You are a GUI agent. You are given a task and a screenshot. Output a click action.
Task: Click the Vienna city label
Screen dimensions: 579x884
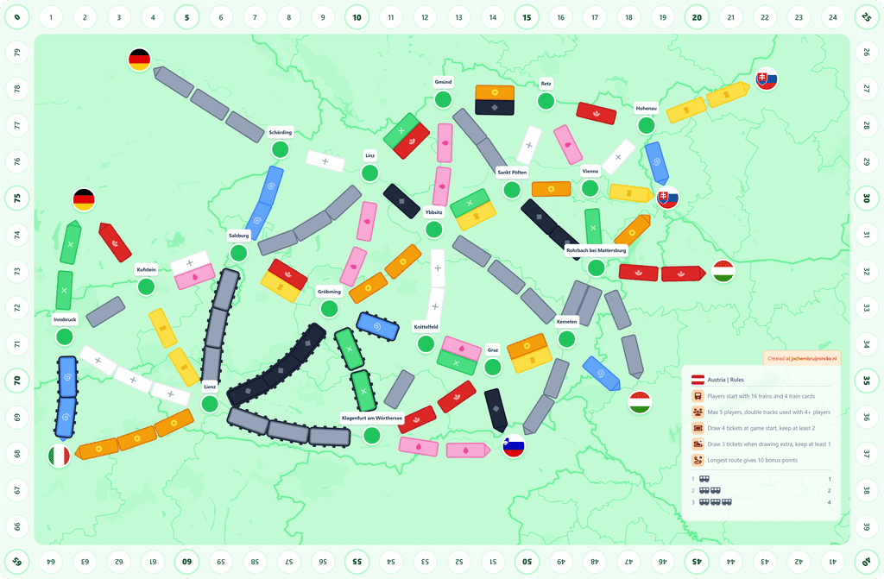point(590,171)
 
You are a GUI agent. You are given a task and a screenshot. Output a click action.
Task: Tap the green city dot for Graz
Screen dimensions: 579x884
point(493,368)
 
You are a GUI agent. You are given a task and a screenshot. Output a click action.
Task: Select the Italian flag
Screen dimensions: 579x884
point(59,456)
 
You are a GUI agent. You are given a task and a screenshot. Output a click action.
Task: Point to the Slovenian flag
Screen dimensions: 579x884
point(514,446)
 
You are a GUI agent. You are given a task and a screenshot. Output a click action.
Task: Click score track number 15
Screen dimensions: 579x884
point(527,16)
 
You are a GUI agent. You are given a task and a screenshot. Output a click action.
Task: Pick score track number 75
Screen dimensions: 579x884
point(16,198)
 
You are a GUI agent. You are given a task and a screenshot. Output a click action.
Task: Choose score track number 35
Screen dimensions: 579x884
point(867,380)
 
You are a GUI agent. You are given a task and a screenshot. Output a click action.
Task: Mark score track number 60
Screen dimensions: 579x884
point(186,562)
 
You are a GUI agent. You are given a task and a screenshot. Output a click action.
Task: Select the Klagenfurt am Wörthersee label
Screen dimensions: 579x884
point(372,418)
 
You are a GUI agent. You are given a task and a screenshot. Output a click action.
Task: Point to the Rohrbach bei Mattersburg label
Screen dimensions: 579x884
point(596,250)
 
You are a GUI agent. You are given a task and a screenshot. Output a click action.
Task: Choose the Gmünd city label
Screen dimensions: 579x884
point(443,82)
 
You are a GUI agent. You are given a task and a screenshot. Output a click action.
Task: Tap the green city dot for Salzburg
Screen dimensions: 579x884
point(239,253)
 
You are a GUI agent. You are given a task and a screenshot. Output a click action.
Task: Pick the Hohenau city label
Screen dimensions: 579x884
point(646,108)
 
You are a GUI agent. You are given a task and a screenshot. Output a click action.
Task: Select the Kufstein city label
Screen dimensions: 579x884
point(147,269)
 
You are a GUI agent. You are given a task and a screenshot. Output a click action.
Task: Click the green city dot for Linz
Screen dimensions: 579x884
point(370,173)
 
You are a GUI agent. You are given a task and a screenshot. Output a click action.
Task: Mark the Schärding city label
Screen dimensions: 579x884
point(280,132)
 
